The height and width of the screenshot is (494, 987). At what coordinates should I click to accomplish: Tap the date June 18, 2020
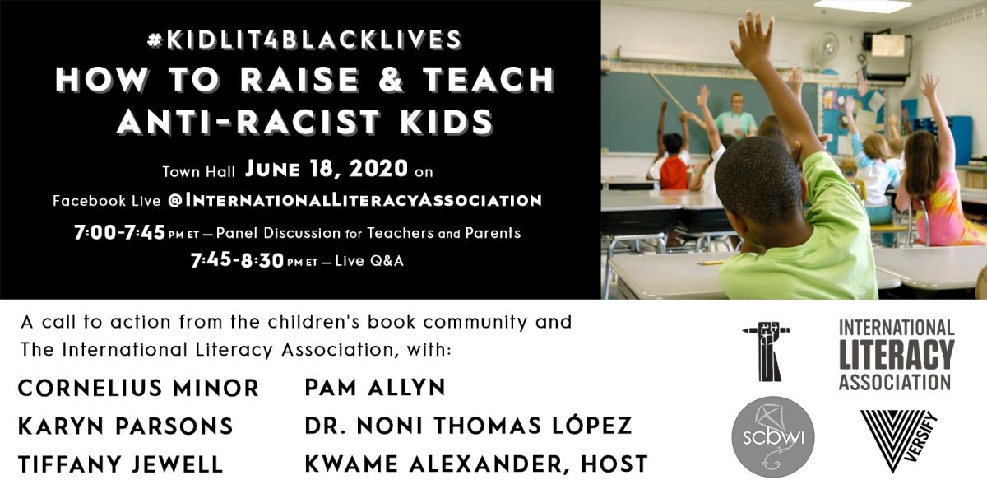(x=327, y=170)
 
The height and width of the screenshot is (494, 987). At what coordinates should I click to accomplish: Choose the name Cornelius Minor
(x=138, y=388)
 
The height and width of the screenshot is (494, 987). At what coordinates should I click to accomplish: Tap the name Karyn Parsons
(x=126, y=426)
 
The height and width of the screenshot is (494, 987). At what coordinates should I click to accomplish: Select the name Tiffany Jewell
(x=121, y=464)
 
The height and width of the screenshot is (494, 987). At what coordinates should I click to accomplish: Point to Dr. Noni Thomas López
(x=468, y=426)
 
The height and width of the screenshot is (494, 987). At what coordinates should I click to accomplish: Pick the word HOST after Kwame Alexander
(x=611, y=464)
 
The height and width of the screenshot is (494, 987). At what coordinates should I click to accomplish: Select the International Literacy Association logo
(x=896, y=355)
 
